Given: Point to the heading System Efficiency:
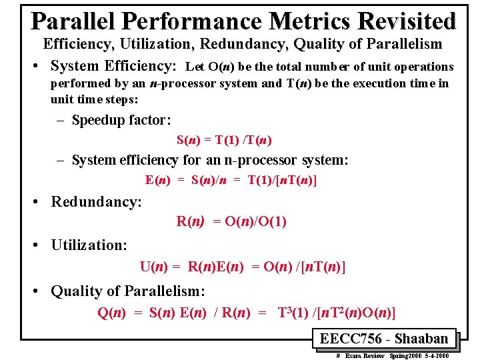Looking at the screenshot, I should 113,66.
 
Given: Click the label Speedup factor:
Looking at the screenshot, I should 121,120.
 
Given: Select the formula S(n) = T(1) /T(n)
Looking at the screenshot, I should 224,140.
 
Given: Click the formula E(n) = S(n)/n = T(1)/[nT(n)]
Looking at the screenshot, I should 231,180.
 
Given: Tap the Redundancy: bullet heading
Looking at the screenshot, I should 97,201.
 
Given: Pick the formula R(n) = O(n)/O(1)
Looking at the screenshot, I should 231,221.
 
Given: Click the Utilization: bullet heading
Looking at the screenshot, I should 89,245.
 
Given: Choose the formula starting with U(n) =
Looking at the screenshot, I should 243,267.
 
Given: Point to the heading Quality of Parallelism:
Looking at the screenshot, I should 128,291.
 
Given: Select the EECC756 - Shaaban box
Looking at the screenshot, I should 383,338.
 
